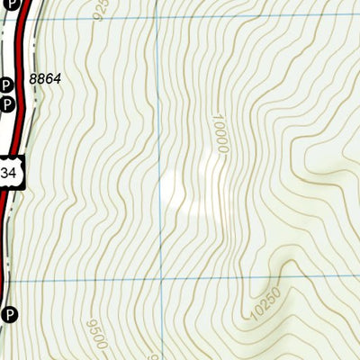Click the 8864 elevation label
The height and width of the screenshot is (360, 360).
[x=44, y=79]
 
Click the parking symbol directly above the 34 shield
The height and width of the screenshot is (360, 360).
[x=6, y=104]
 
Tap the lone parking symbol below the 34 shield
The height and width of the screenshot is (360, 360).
[x=10, y=314]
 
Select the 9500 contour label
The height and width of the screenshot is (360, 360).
[x=97, y=333]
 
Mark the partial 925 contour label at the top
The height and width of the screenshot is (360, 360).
[x=100, y=9]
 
